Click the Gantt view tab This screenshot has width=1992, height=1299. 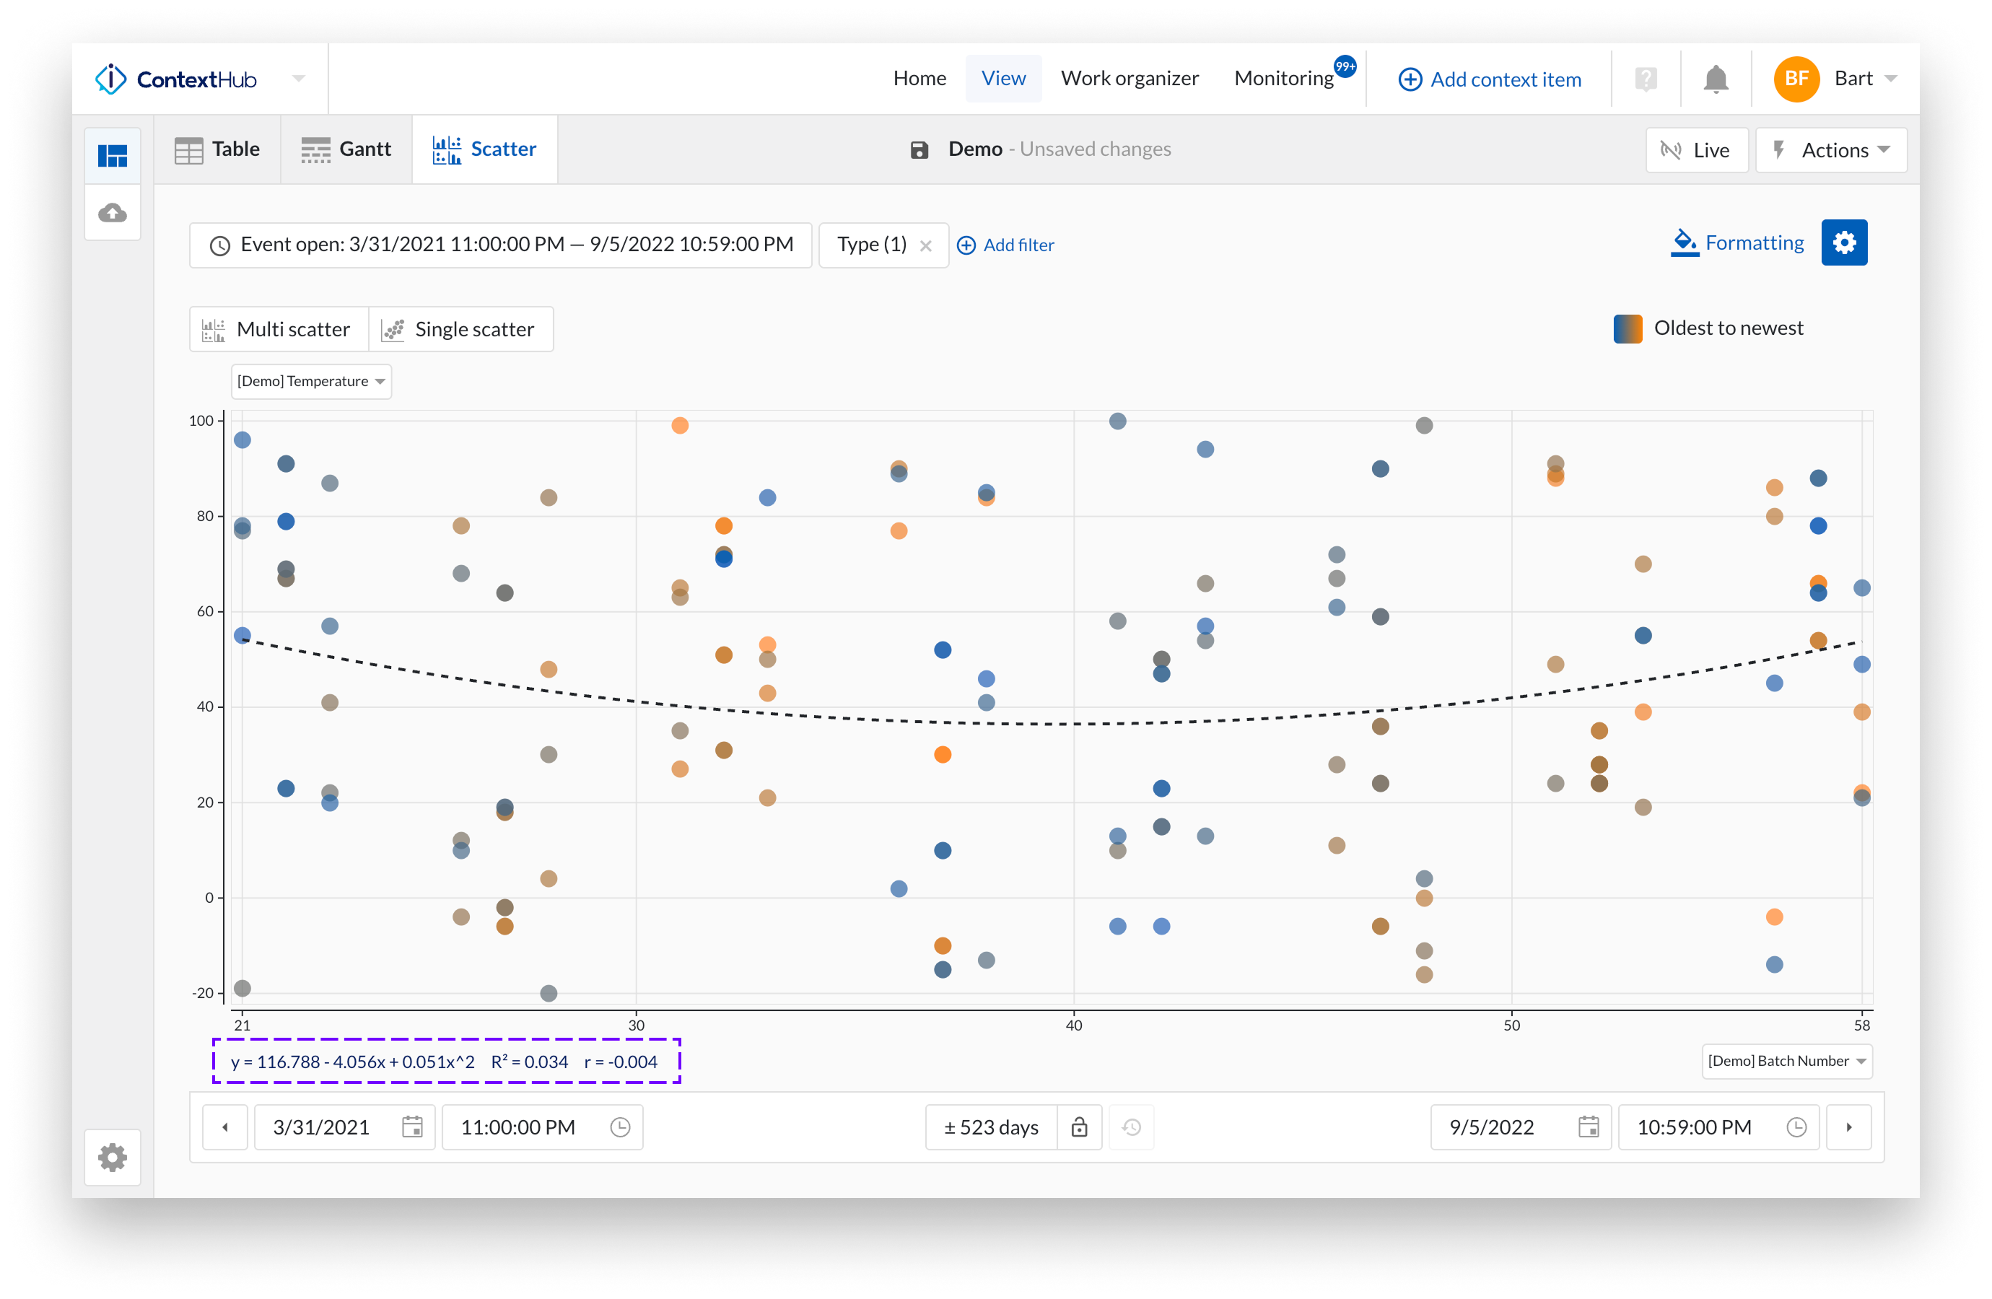coord(346,149)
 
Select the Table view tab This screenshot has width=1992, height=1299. coord(218,149)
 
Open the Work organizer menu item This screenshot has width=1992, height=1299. coord(1129,79)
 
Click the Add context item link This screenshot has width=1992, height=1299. coord(1490,79)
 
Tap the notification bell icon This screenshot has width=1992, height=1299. coord(1715,79)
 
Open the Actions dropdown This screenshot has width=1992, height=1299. coord(1830,150)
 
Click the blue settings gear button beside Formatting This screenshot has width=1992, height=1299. coord(1844,242)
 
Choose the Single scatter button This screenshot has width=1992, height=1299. coord(460,330)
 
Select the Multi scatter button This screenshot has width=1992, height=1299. coord(279,330)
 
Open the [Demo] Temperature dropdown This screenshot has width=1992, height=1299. coord(310,382)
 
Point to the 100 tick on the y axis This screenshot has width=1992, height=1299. coord(201,421)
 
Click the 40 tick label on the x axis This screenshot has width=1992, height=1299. coord(1074,1025)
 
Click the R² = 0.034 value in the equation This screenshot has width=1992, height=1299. coord(529,1062)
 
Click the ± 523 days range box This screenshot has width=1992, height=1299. coord(991,1127)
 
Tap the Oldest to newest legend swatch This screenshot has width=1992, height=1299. coord(1627,329)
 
